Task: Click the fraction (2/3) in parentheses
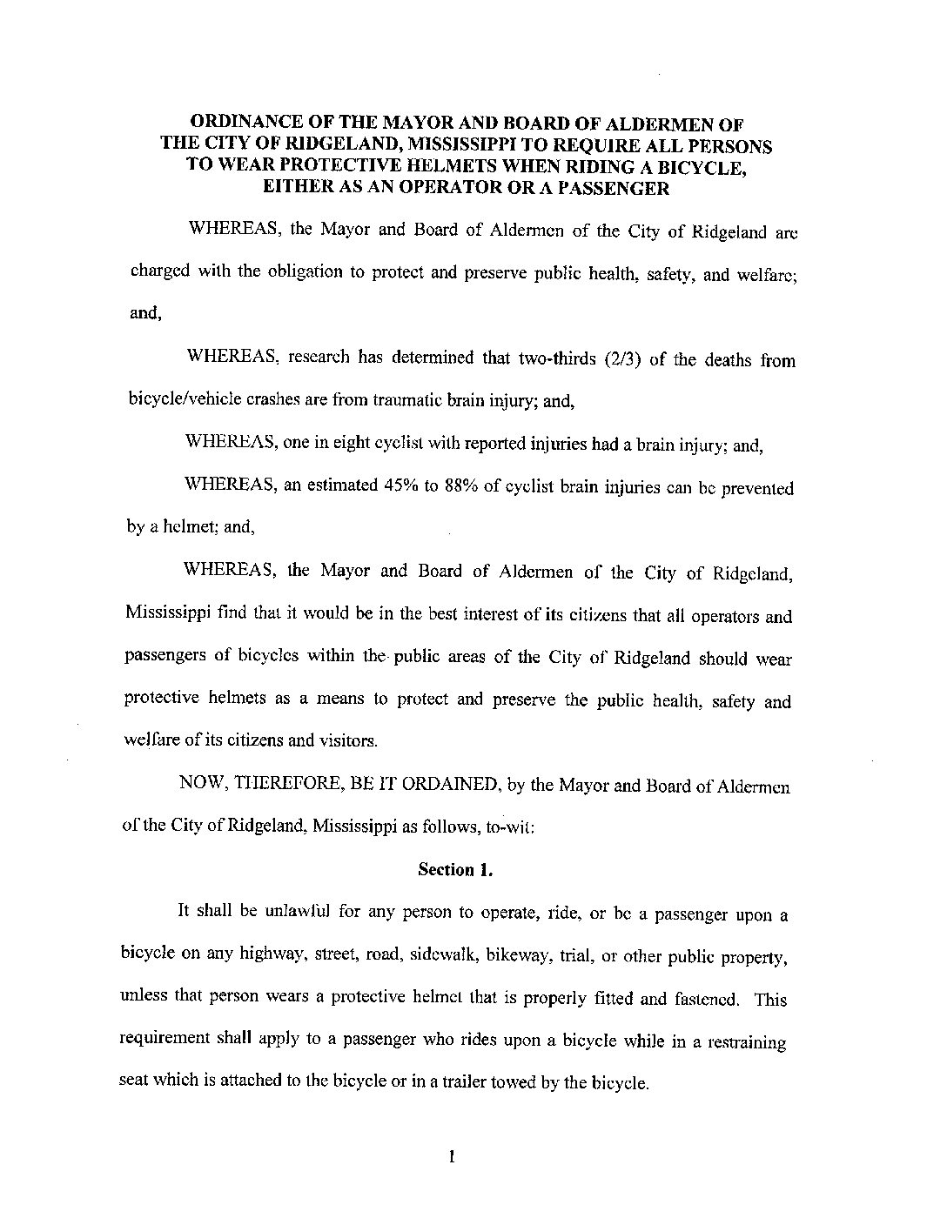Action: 621,360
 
